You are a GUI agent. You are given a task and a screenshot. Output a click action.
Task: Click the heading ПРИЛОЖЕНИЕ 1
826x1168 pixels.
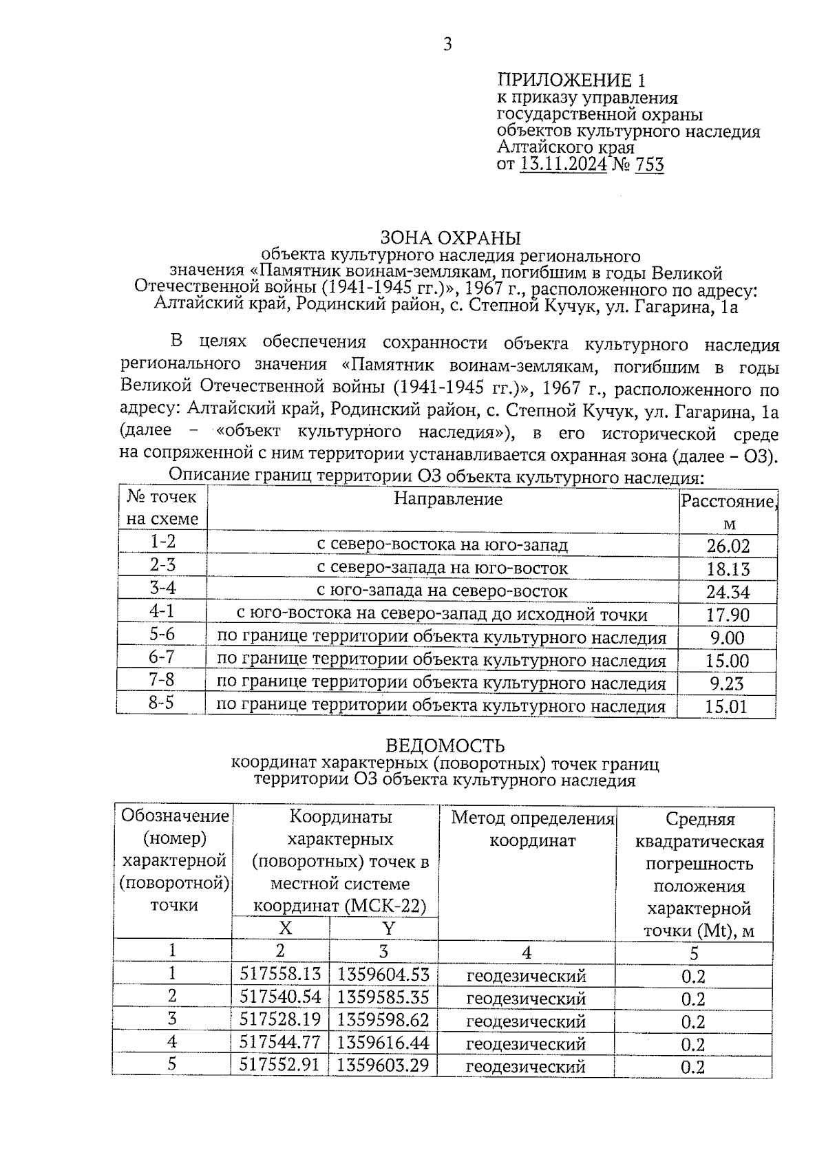[x=572, y=80]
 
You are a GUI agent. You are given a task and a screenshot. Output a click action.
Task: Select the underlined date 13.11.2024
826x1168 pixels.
[x=564, y=164]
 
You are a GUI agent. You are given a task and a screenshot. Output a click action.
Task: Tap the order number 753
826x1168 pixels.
[x=650, y=164]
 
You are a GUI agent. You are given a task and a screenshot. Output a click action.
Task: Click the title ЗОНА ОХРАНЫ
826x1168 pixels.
[x=451, y=238]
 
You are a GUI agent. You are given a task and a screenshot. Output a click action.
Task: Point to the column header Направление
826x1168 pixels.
[x=448, y=498]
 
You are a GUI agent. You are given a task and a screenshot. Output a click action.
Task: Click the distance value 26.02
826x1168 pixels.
[x=728, y=546]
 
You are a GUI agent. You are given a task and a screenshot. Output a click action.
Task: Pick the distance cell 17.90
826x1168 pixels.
[x=728, y=615]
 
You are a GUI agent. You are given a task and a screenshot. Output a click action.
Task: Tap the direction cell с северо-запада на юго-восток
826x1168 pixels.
[x=443, y=569]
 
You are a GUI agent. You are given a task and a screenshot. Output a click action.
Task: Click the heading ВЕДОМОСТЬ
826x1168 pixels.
[x=445, y=746]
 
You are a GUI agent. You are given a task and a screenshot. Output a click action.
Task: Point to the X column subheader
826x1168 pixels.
[x=285, y=928]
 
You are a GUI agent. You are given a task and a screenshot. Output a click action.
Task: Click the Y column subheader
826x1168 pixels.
[x=388, y=928]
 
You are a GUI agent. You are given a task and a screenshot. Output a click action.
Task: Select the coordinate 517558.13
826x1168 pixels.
[x=280, y=975]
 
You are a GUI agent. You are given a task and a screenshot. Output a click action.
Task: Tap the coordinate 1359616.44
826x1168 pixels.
[x=383, y=1043]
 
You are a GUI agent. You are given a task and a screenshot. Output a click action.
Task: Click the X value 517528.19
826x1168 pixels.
[x=280, y=1020]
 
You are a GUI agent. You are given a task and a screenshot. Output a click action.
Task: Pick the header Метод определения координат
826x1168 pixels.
[x=532, y=829]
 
